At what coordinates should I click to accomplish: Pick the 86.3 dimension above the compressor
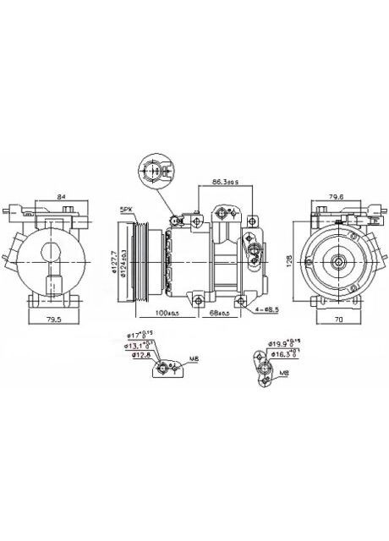(224, 182)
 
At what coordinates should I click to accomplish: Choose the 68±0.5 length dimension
(219, 315)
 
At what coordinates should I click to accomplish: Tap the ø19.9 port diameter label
(279, 344)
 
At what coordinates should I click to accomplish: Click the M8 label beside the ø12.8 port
(193, 359)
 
